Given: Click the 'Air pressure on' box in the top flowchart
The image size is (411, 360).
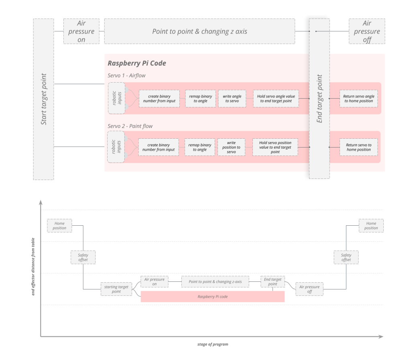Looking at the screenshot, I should [x=81, y=31].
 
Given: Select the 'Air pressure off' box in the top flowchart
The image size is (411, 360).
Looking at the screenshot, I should [x=366, y=31].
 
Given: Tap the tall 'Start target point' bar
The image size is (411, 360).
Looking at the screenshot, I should [x=43, y=99].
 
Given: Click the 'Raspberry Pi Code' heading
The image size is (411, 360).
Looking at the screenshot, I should [x=137, y=63].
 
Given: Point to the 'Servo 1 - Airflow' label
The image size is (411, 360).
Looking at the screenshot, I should [x=126, y=75].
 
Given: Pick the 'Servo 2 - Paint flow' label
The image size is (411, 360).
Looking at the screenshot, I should [x=130, y=126].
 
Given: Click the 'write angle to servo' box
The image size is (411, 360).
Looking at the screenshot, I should [x=232, y=99].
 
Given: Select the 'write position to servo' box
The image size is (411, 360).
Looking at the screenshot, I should [x=231, y=147].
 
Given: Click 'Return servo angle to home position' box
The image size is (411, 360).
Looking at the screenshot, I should [x=358, y=99].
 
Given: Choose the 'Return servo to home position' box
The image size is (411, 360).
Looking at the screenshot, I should [x=358, y=147].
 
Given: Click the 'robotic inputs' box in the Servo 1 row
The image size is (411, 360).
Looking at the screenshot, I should [x=116, y=98].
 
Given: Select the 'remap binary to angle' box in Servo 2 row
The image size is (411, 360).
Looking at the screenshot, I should [x=200, y=147].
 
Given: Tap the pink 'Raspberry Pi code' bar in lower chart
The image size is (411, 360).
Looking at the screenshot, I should [x=212, y=297].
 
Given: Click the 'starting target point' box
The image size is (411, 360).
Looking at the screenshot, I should [x=116, y=289].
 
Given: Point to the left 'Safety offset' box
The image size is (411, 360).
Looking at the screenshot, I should [x=83, y=257].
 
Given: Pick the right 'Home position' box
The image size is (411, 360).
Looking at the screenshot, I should [x=371, y=226].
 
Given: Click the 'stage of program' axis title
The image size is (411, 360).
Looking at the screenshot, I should [x=212, y=344].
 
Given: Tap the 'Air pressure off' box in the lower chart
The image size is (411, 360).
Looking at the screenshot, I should [x=309, y=289].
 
